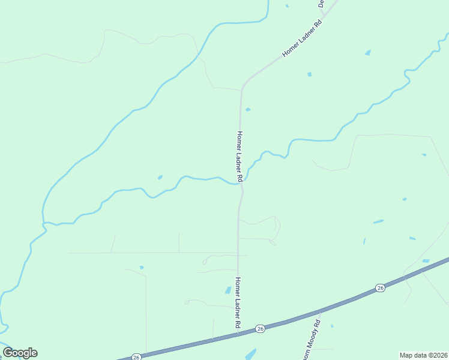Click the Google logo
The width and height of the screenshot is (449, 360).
(x=20, y=353)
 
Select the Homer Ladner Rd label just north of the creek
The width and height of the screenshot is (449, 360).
(x=240, y=157)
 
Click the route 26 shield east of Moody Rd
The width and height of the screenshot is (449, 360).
(x=380, y=288)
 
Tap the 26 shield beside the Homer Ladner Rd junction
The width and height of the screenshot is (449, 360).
(x=260, y=328)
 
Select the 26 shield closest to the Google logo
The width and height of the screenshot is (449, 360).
(x=136, y=356)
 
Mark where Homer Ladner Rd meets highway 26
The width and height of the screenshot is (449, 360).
(x=238, y=334)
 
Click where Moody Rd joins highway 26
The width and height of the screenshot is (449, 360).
(x=321, y=312)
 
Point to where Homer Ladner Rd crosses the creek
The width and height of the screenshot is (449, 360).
(x=241, y=183)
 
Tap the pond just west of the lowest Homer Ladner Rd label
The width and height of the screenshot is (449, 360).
(x=228, y=290)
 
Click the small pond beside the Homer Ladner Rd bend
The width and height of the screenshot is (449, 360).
(x=248, y=109)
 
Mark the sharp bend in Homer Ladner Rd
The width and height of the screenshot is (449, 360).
(x=243, y=89)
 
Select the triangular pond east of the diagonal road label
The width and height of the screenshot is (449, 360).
(x=367, y=53)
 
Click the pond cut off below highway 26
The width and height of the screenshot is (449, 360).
(x=250, y=354)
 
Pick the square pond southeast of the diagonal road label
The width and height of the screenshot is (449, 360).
(x=310, y=74)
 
